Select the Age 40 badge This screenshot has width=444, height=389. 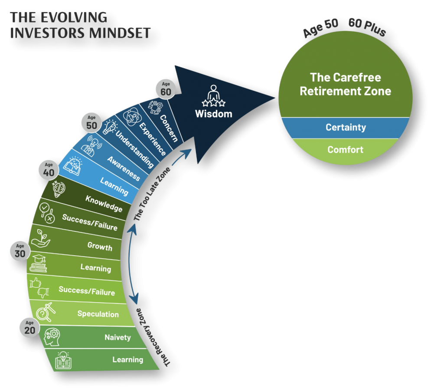tap(48, 169)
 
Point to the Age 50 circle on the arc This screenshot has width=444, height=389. tap(91, 123)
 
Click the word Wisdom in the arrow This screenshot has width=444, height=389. tap(213, 114)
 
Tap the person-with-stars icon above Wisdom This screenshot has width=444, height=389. tap(213, 96)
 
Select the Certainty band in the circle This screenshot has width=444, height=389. tap(346, 128)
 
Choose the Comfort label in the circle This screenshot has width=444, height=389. tap(346, 150)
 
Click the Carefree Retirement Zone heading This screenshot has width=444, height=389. tap(346, 84)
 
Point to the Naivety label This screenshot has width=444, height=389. tap(118, 337)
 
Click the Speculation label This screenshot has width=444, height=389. tap(98, 314)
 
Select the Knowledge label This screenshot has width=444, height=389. tap(104, 204)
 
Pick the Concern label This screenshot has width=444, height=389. tap(169, 128)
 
